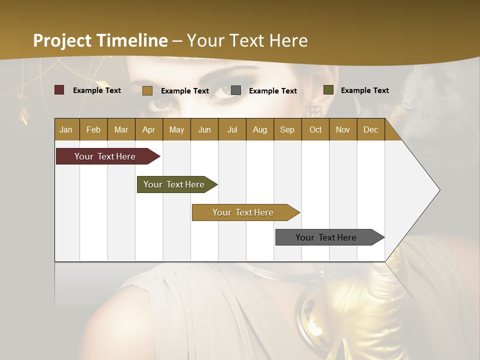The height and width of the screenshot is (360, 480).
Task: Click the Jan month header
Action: click(66, 129)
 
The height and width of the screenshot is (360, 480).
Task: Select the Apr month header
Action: click(148, 129)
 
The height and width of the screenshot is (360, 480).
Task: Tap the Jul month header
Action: click(232, 129)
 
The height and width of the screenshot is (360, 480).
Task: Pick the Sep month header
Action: click(287, 129)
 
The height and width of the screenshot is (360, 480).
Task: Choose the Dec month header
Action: click(370, 129)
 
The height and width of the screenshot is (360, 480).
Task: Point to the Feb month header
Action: click(93, 129)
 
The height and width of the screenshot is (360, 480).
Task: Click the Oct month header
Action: click(315, 129)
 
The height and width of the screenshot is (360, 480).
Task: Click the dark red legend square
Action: click(59, 90)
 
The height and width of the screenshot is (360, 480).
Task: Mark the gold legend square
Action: click(147, 90)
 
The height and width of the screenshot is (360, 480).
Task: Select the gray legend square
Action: click(236, 90)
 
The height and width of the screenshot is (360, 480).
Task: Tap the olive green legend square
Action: click(328, 90)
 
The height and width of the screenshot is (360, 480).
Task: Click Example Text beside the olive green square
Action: click(364, 90)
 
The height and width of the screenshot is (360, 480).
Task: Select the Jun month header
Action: click(204, 129)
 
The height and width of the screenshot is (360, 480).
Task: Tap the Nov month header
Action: click(343, 129)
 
